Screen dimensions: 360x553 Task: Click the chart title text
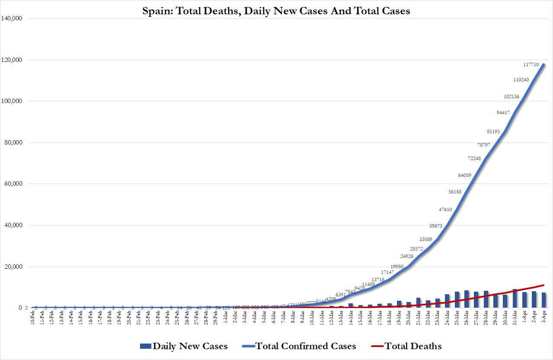click(276, 11)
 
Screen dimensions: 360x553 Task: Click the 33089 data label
click(427, 239)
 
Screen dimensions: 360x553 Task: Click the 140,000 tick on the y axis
click(16, 19)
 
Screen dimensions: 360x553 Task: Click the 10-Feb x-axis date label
click(32, 319)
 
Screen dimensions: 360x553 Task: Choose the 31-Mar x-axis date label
click(515, 319)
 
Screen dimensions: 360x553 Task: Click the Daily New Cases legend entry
click(189, 346)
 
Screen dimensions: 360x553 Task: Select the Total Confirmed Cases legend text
click(305, 346)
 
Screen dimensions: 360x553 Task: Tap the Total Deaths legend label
click(413, 346)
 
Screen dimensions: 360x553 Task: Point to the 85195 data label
click(495, 132)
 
